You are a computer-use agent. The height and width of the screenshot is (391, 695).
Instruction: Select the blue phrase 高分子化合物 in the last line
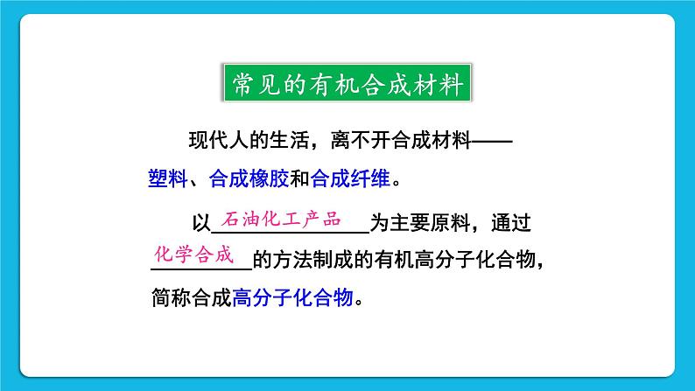(292, 297)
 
